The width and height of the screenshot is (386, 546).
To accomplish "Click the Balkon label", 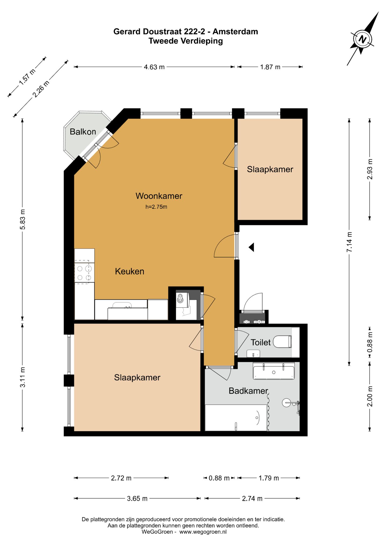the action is click(83, 131).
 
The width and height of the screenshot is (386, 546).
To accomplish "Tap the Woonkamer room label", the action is click(159, 196).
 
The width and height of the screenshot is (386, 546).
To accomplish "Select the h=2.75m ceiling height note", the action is click(156, 207).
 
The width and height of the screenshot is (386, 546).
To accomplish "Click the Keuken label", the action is click(129, 271).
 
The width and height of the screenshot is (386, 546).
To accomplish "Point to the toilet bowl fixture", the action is click(282, 342).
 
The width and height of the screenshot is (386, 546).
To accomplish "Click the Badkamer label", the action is click(248, 391).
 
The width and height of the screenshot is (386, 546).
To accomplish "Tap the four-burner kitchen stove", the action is click(84, 272).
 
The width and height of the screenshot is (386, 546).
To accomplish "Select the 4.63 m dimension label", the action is click(154, 67).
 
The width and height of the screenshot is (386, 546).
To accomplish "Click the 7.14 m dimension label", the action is click(349, 242).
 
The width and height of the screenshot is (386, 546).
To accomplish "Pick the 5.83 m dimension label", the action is click(23, 219).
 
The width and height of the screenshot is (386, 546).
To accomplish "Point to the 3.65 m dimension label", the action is click(137, 499).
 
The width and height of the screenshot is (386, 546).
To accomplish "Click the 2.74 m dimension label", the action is click(252, 499).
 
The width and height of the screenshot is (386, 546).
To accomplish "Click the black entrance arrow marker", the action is click(251, 247).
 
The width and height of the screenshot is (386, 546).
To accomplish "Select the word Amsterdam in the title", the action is click(235, 31).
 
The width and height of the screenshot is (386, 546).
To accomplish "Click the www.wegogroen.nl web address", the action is click(203, 532).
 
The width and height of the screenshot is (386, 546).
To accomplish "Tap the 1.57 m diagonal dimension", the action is click(27, 77).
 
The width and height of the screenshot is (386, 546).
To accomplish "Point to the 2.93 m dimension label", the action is click(370, 169).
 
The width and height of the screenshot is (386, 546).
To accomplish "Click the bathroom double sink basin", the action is click(274, 371).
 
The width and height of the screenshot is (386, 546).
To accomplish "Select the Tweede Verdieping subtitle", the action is click(186, 41).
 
